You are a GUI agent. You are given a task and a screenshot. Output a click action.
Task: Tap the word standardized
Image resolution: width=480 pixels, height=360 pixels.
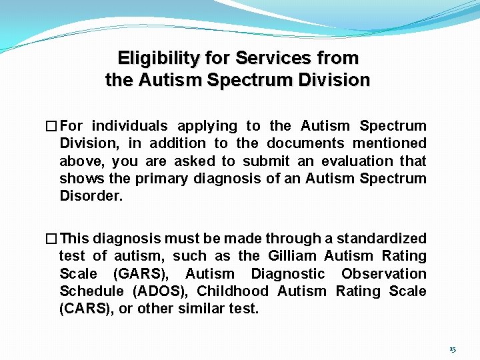click(381, 239)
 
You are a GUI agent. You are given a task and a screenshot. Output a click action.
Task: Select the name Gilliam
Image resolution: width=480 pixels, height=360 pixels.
click(293, 256)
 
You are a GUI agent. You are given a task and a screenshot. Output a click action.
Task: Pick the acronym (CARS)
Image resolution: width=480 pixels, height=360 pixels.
click(85, 309)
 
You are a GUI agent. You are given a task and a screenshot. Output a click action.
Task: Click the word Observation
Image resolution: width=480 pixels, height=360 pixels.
click(384, 274)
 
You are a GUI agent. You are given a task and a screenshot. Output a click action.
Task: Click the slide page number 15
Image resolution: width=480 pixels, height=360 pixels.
click(453, 349)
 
